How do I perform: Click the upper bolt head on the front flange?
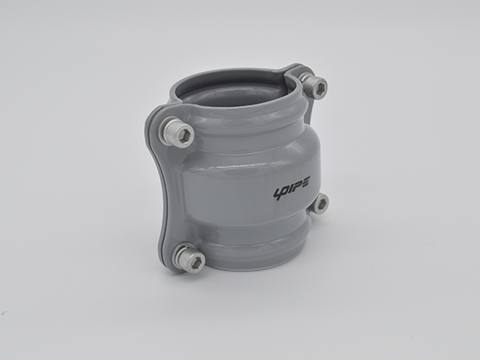point(177,134)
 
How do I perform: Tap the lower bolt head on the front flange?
point(188,258)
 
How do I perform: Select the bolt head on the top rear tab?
point(314,86)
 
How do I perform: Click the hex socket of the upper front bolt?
point(186,135)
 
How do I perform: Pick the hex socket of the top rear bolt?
point(321,86)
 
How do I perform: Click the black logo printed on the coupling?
point(292,187)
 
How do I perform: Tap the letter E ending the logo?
point(305,182)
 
